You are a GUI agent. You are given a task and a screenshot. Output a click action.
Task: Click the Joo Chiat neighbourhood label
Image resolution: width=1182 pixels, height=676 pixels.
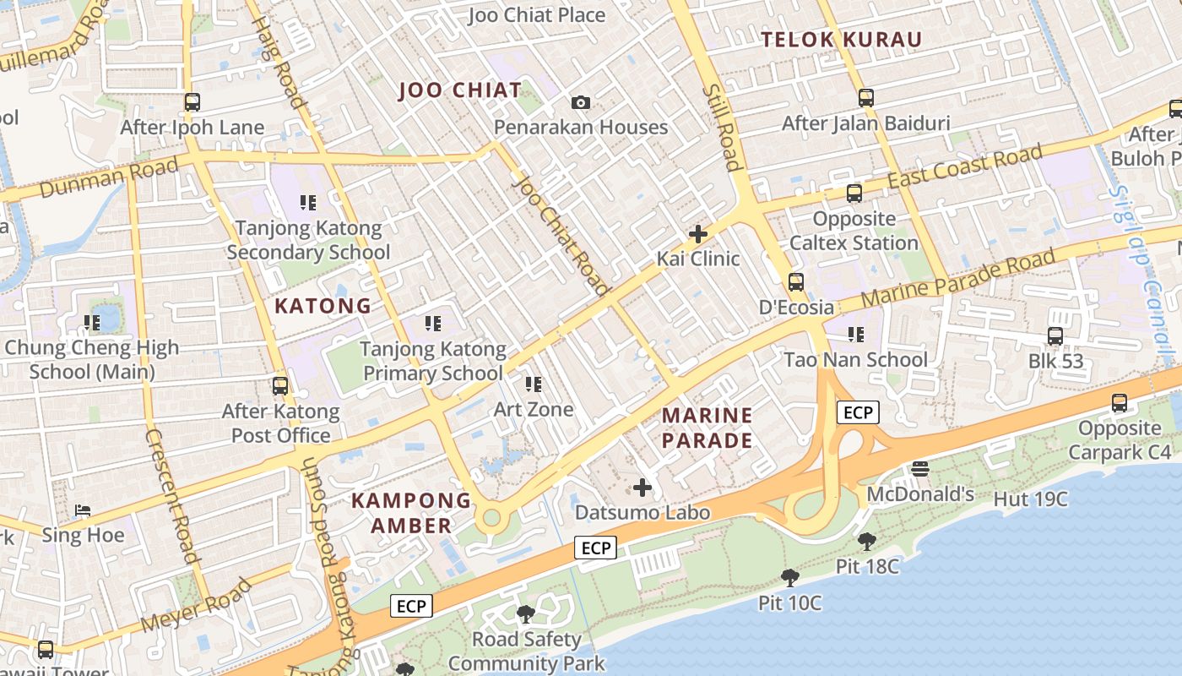tap(460, 90)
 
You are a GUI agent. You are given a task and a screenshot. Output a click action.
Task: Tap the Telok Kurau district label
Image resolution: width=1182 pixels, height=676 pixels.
tap(841, 40)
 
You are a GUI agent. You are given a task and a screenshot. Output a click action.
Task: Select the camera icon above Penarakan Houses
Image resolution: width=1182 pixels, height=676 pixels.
tap(581, 103)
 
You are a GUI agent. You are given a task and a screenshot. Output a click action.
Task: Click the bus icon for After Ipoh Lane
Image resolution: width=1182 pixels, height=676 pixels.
tap(192, 102)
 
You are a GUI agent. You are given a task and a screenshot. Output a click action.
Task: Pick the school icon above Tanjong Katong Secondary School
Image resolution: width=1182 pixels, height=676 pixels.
tap(308, 203)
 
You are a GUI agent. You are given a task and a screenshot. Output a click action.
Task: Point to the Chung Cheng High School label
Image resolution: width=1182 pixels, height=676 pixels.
tap(92, 359)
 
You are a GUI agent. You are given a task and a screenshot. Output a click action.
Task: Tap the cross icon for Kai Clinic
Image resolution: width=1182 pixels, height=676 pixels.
tap(698, 234)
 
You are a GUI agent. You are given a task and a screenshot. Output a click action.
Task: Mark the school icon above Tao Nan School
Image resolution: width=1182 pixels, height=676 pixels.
tap(856, 335)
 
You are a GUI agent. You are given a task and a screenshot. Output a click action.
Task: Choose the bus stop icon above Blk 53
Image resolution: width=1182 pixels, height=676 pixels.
tap(1055, 336)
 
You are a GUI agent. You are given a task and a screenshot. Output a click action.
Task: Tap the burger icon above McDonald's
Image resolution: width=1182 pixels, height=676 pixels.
tap(920, 469)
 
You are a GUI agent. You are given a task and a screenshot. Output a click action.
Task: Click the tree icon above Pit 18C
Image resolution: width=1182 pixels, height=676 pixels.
tap(866, 542)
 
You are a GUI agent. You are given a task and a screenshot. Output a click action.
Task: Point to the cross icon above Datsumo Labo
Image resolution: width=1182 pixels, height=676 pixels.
tap(643, 488)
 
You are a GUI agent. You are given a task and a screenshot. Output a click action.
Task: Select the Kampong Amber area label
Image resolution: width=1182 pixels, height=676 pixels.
tap(411, 512)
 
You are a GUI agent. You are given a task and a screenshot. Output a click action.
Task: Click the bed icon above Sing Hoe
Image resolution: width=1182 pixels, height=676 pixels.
tap(83, 510)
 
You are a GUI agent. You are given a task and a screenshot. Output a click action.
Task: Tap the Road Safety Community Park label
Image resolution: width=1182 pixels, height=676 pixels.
tap(527, 651)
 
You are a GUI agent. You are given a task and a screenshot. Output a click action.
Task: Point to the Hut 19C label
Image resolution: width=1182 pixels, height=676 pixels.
tap(1030, 499)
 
